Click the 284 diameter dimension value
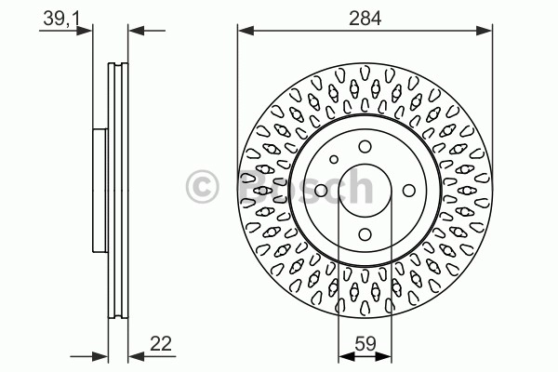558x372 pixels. [x=365, y=19]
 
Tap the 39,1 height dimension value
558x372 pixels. [x=61, y=19]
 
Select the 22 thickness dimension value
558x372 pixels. [x=161, y=344]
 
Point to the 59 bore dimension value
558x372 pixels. [x=365, y=344]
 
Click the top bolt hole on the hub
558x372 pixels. [x=365, y=146]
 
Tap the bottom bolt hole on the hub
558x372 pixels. [x=365, y=234]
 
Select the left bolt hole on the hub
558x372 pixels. [x=321, y=191]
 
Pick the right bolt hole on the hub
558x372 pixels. [x=409, y=191]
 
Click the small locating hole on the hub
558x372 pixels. [x=334, y=159]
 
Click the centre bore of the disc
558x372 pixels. [x=365, y=191]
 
